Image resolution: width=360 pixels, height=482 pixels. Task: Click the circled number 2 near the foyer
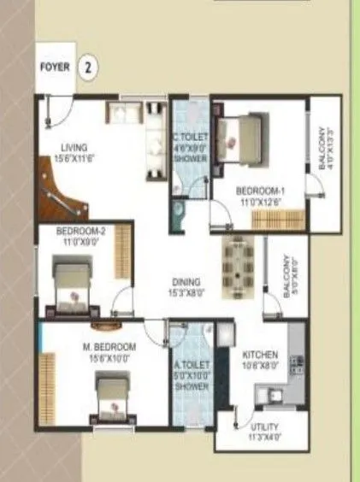click(87, 68)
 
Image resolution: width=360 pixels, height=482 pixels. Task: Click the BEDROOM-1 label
click(260, 191)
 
